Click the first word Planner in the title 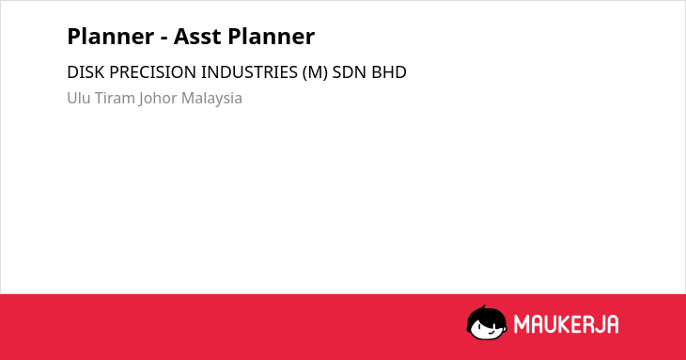pyautogui.click(x=111, y=37)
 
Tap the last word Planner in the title pyautogui.click(x=272, y=37)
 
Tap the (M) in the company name pyautogui.click(x=315, y=72)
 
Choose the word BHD pyautogui.click(x=389, y=72)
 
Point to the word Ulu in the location pyautogui.click(x=79, y=98)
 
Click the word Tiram pyautogui.click(x=115, y=98)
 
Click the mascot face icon pyautogui.click(x=487, y=322)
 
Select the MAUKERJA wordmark pyautogui.click(x=566, y=324)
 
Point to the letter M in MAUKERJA pyautogui.click(x=522, y=324)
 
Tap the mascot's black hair pyautogui.click(x=486, y=314)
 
